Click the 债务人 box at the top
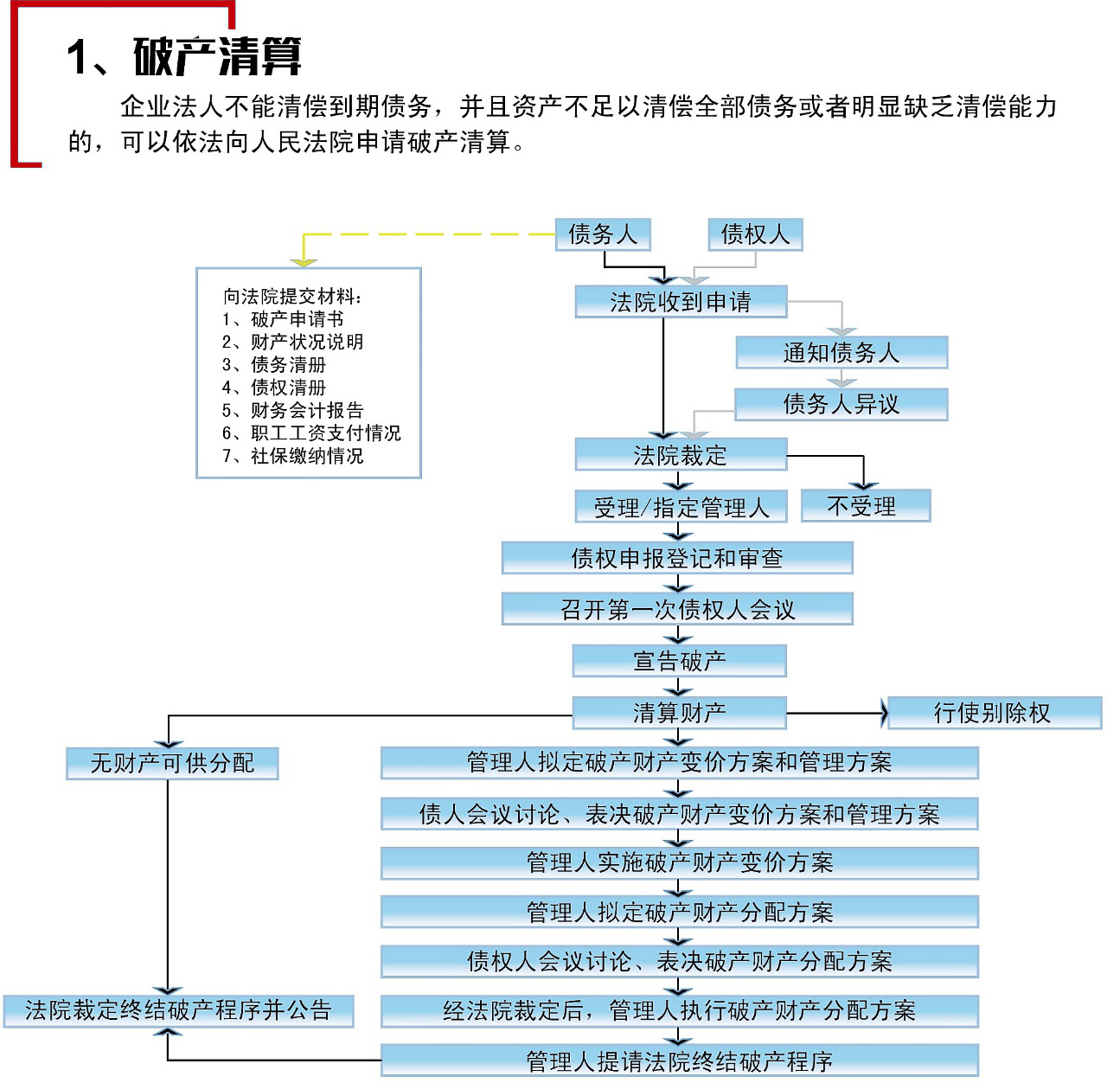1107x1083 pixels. pyautogui.click(x=603, y=234)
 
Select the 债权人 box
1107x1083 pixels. pyautogui.click(x=755, y=234)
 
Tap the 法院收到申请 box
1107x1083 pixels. pyautogui.click(x=681, y=302)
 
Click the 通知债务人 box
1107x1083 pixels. pyautogui.click(x=841, y=353)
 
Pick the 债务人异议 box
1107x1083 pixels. pyautogui.click(x=841, y=404)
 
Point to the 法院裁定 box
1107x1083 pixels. pyautogui.click(x=681, y=455)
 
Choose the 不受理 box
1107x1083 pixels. pyautogui.click(x=865, y=506)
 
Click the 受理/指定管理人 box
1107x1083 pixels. pyautogui.click(x=681, y=507)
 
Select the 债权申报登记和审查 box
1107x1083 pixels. pyautogui.click(x=677, y=558)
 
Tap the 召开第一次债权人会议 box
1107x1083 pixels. pyautogui.click(x=677, y=609)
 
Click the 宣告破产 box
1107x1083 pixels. pyautogui.click(x=679, y=661)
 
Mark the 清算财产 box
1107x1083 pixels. pyautogui.click(x=679, y=713)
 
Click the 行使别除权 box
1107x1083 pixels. pyautogui.click(x=994, y=713)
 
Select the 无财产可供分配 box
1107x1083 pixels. pyautogui.click(x=172, y=763)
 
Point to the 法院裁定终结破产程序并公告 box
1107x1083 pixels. pyautogui.click(x=178, y=1010)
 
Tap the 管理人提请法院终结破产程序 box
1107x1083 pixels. pyautogui.click(x=679, y=1061)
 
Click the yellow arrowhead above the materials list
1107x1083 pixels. pyautogui.click(x=304, y=261)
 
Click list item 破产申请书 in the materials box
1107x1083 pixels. pyautogui.click(x=297, y=319)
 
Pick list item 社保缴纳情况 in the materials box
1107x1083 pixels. pyautogui.click(x=306, y=456)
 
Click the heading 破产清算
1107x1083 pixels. pyautogui.click(x=217, y=58)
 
